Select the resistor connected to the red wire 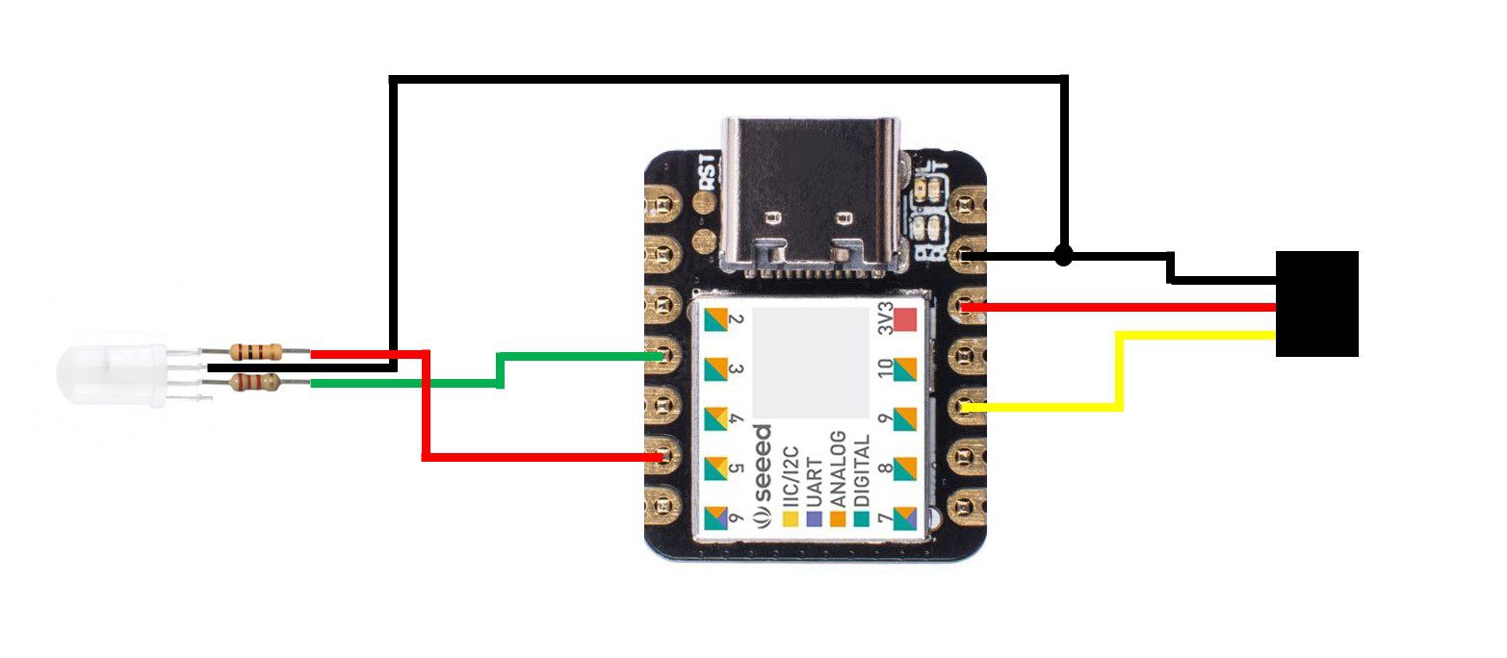coord(256,351)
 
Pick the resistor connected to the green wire coord(256,383)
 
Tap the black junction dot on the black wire coord(1062,255)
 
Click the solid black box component coord(1316,304)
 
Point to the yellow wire coord(1119,370)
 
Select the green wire coord(501,370)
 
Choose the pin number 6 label coord(736,519)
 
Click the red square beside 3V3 coord(905,319)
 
